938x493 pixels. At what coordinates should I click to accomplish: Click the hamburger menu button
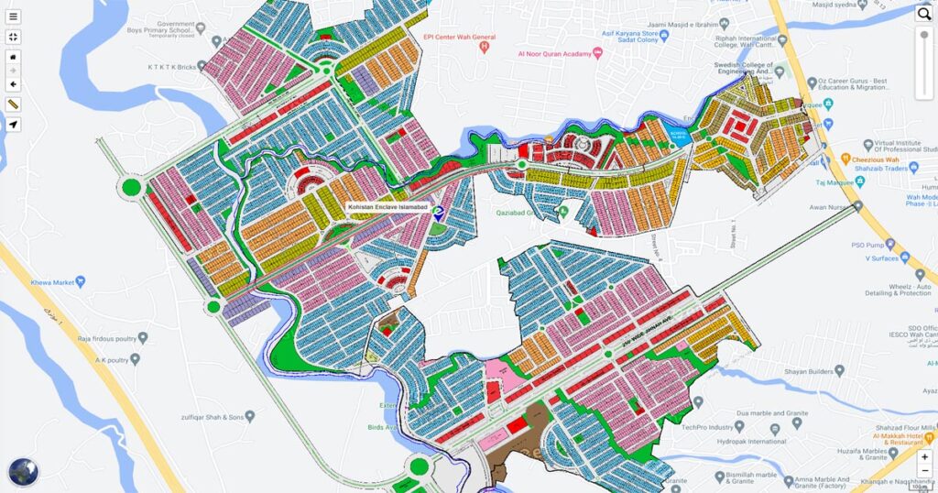click(x=13, y=16)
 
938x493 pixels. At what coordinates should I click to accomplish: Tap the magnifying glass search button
click(x=923, y=14)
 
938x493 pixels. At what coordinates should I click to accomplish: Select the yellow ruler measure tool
click(x=13, y=104)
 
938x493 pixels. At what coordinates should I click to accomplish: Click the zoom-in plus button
click(x=925, y=456)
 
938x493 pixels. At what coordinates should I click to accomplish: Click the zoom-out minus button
click(x=925, y=470)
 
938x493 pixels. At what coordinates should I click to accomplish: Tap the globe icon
click(x=23, y=471)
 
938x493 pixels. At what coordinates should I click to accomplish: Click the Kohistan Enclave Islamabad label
click(x=388, y=208)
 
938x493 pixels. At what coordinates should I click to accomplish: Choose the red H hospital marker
click(x=485, y=48)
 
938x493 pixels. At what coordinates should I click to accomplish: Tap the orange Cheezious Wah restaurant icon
click(x=845, y=159)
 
